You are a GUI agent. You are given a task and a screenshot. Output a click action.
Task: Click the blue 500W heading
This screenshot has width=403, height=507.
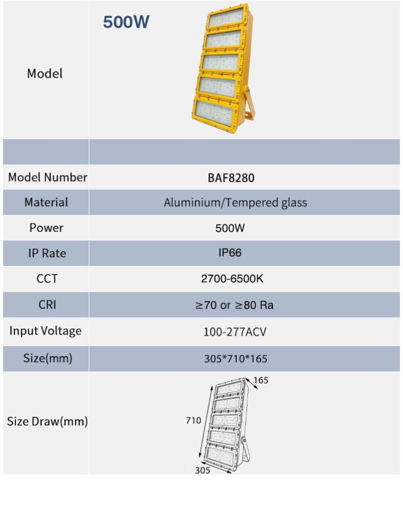point(126,22)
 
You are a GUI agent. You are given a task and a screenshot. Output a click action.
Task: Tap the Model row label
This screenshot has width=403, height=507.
point(45,74)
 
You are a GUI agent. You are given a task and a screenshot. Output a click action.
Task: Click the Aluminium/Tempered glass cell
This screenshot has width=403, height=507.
point(235,202)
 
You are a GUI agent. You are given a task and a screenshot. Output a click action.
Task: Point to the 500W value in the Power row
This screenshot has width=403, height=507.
point(230,228)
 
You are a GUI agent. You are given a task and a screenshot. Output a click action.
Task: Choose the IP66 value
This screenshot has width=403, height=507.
point(230,253)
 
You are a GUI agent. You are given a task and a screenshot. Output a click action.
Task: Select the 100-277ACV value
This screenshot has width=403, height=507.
point(235,332)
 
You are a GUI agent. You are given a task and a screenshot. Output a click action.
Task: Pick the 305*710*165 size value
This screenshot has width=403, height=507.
point(235,359)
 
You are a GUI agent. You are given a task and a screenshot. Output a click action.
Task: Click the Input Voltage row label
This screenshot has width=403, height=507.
point(45,331)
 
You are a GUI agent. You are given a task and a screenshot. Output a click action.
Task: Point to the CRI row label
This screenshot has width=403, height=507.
point(45,305)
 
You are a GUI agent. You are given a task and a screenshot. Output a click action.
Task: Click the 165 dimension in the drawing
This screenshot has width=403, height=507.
point(261,380)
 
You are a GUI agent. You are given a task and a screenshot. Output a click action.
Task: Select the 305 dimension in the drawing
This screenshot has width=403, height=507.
point(203,470)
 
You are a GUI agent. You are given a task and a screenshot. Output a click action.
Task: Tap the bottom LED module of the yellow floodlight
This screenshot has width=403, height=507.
point(216,109)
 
